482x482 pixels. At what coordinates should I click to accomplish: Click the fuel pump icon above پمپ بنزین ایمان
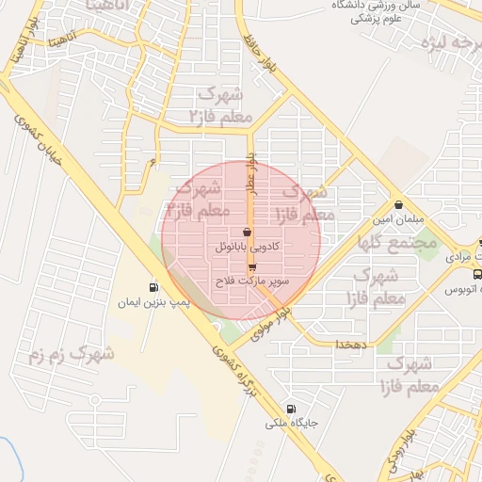[x=153, y=287]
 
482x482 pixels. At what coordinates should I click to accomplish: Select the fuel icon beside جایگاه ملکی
[x=291, y=409]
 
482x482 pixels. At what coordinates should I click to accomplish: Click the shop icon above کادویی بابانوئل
[x=247, y=232]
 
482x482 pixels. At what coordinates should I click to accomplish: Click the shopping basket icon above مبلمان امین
[x=399, y=204]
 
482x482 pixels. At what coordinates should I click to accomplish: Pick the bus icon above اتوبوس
[x=476, y=275]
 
